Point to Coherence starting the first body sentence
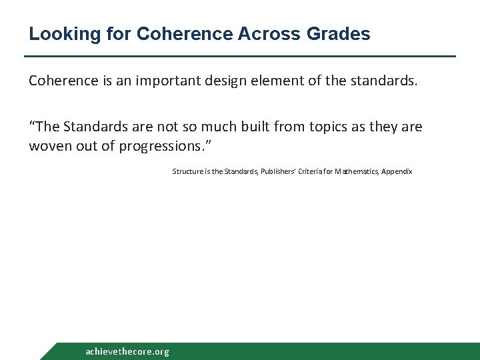click(61, 81)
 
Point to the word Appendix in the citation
click(398, 171)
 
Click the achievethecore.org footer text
click(127, 351)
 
